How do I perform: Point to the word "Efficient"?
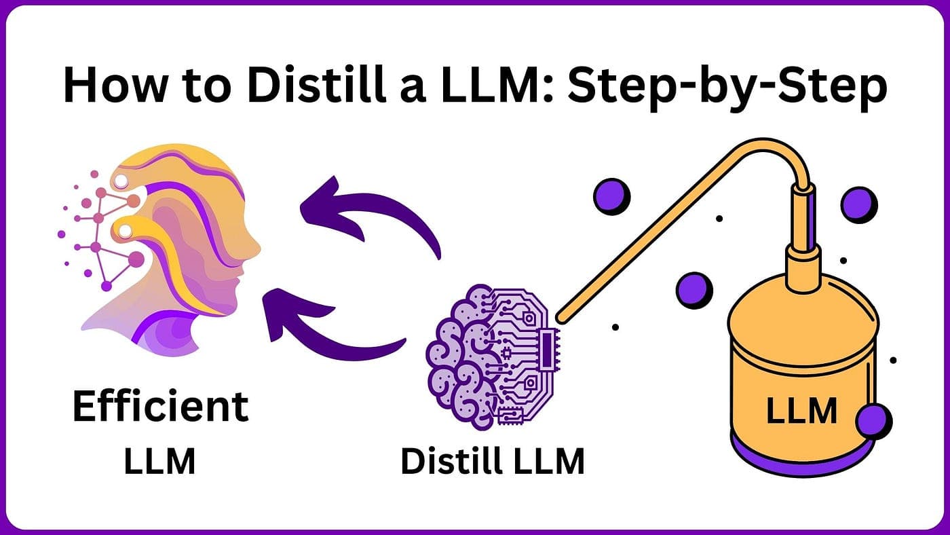(160, 407)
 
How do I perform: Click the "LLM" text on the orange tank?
(801, 411)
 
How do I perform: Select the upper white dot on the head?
(121, 180)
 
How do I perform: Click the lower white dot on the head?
(126, 232)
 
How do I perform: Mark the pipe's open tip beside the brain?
(560, 316)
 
